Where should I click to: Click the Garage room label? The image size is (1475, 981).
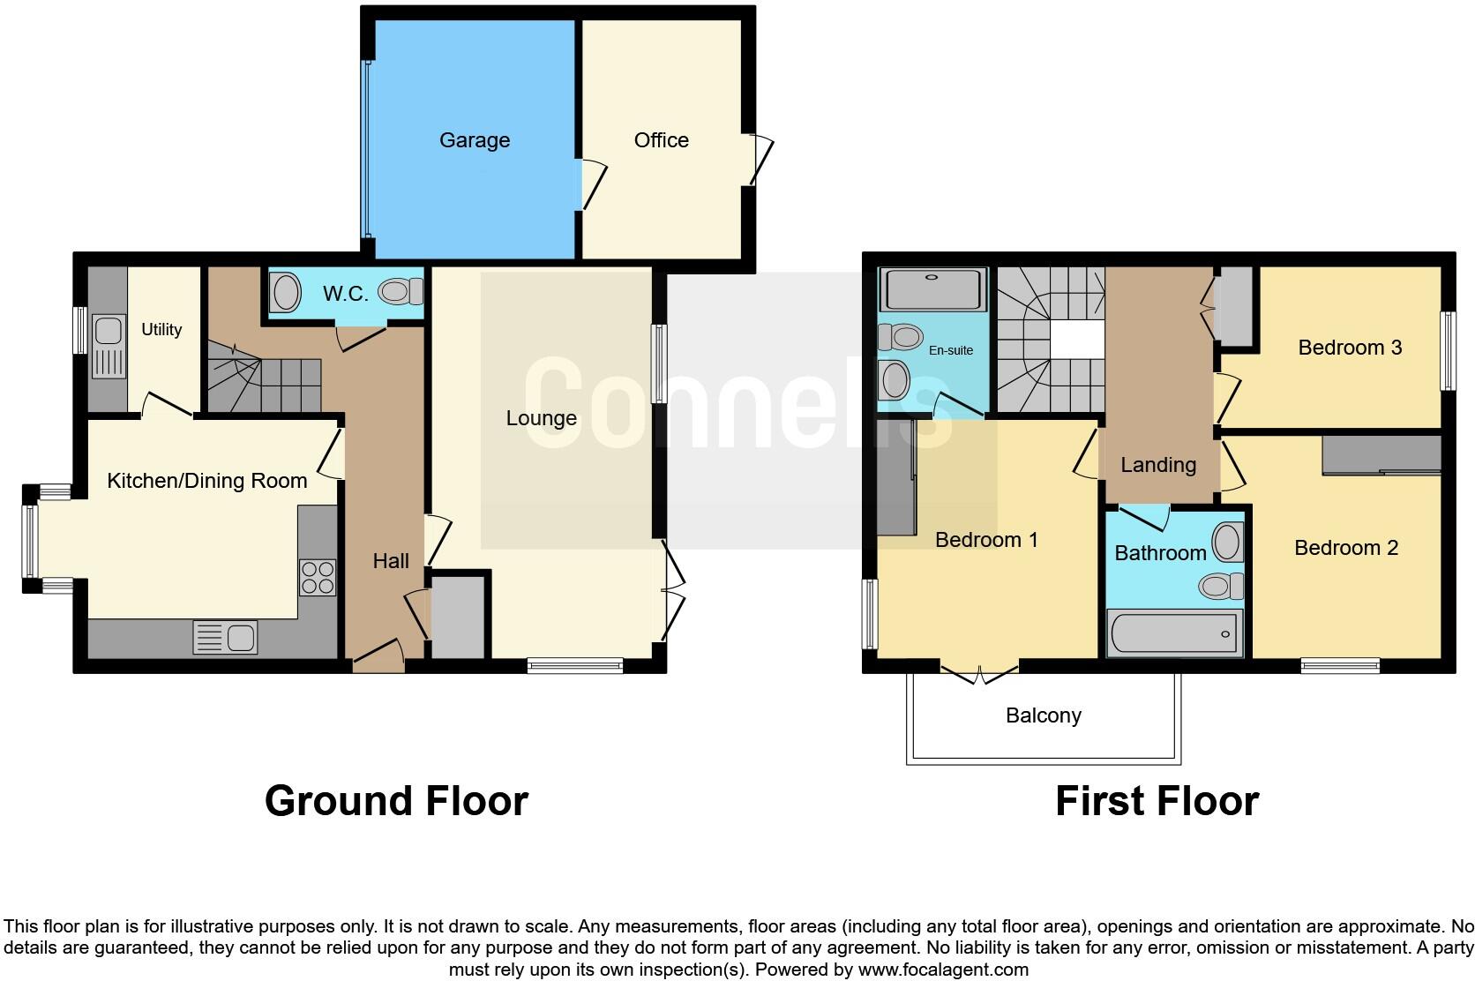pyautogui.click(x=475, y=140)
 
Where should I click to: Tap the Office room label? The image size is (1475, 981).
pyautogui.click(x=661, y=140)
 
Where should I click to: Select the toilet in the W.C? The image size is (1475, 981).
pyautogui.click(x=401, y=291)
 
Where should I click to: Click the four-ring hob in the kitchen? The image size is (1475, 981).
pyautogui.click(x=318, y=577)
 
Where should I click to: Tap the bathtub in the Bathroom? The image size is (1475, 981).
pyautogui.click(x=1173, y=633)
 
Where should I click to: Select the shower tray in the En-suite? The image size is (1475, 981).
pyautogui.click(x=933, y=288)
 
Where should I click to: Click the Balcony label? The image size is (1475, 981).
pyautogui.click(x=1043, y=715)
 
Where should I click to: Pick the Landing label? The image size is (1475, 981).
pyautogui.click(x=1157, y=465)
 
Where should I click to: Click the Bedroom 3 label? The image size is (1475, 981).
pyautogui.click(x=1350, y=348)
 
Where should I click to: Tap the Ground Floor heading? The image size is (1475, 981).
pyautogui.click(x=396, y=801)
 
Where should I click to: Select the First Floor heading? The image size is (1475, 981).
pyautogui.click(x=1157, y=801)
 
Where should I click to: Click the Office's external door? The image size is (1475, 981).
pyautogui.click(x=760, y=160)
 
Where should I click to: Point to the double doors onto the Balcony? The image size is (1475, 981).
pyautogui.click(x=979, y=675)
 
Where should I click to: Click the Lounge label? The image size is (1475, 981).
pyautogui.click(x=541, y=418)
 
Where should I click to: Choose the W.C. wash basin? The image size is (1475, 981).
pyautogui.click(x=285, y=293)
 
